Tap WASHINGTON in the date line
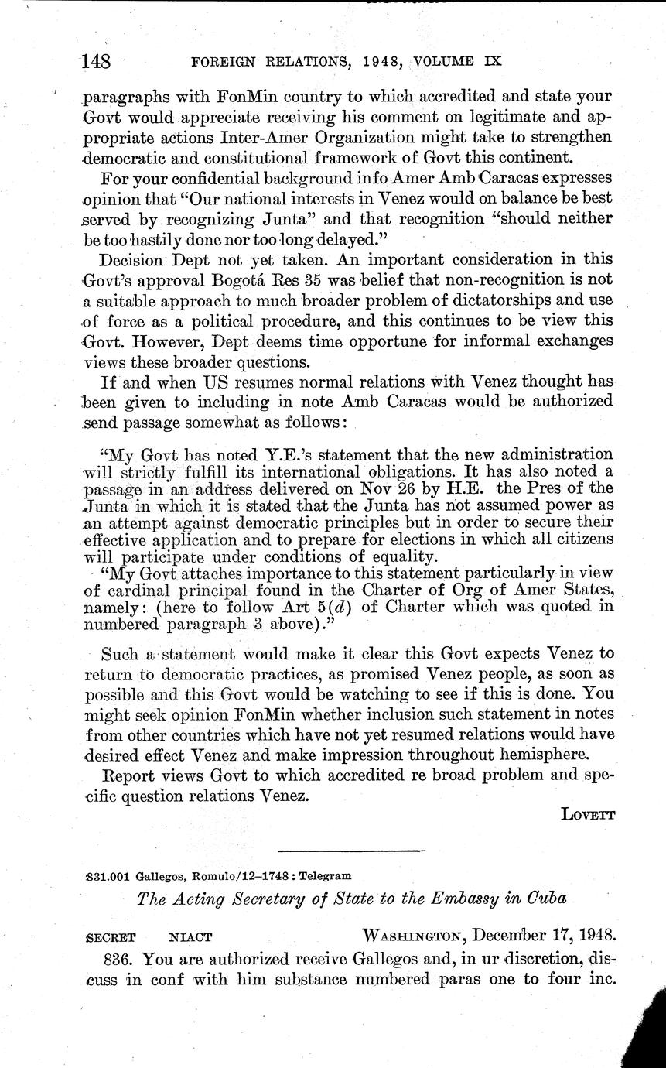pyautogui.click(x=411, y=936)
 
